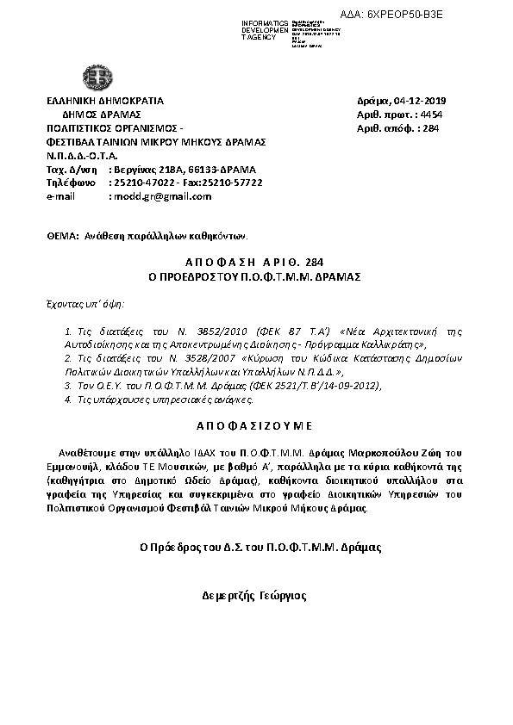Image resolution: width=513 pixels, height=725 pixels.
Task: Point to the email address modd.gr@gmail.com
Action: point(161,196)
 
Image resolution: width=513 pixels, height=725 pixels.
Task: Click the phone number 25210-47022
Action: point(138,183)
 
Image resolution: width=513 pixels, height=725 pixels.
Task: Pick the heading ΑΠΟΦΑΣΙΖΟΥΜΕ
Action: point(256,425)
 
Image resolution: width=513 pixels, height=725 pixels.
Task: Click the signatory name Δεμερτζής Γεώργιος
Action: point(254,595)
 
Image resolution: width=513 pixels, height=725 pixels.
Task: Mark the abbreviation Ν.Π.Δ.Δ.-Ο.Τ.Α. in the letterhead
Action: point(83,156)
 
